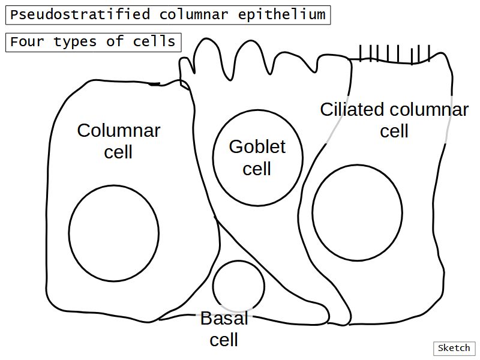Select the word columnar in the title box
point(194,15)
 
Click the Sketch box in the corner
point(454,348)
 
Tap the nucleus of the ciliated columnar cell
point(357,212)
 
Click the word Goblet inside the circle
point(257,146)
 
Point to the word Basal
point(224,319)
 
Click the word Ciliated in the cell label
point(352,110)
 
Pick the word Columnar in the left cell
point(119,130)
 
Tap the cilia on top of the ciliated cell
point(395,54)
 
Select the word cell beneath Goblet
point(257,169)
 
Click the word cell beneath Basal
point(224,340)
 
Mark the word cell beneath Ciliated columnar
point(394,131)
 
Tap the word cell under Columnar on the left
point(118,152)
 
